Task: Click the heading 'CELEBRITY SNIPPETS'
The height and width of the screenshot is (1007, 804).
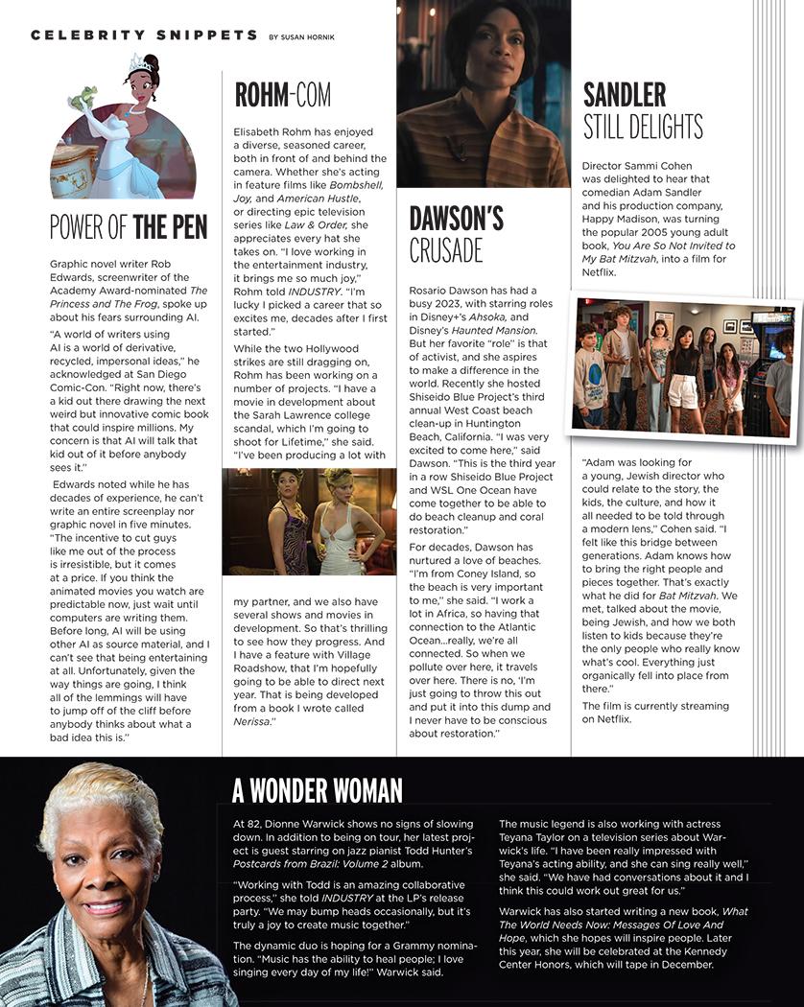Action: pyautogui.click(x=144, y=35)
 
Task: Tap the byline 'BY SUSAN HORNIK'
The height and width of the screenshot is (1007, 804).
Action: pyautogui.click(x=309, y=36)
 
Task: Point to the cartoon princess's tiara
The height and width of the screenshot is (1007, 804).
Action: pyautogui.click(x=140, y=62)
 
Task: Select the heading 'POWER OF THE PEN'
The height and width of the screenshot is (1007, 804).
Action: pyautogui.click(x=129, y=226)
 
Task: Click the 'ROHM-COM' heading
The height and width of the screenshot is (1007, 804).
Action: pyautogui.click(x=283, y=95)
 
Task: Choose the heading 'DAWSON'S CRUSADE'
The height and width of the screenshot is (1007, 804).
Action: pyautogui.click(x=456, y=233)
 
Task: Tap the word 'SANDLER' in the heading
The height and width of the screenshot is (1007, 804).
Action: pyautogui.click(x=625, y=94)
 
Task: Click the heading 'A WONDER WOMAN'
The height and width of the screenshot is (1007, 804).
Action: pyautogui.click(x=318, y=790)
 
